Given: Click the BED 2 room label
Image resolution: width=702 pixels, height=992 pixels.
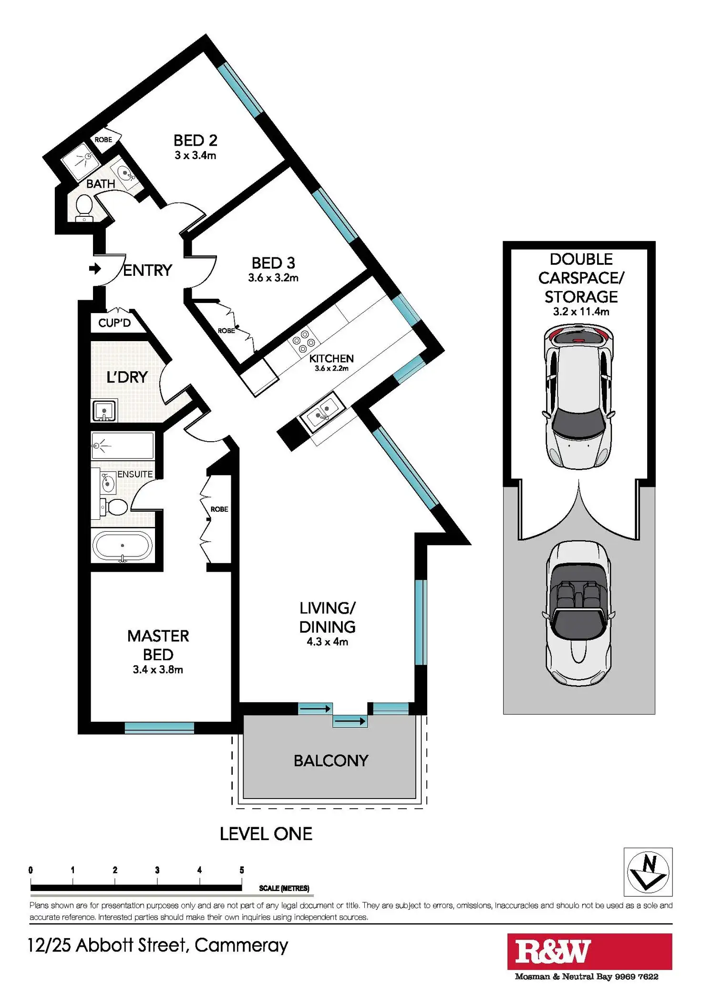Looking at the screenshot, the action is click(x=195, y=141).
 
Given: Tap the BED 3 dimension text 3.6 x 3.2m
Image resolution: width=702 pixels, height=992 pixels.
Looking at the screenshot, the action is click(x=273, y=278).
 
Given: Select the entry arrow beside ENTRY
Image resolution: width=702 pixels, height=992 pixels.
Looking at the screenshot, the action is click(x=95, y=269).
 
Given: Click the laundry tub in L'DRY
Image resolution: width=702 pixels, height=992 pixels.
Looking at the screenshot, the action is click(x=104, y=410).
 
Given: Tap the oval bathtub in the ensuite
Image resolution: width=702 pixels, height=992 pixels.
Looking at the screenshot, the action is click(x=123, y=546).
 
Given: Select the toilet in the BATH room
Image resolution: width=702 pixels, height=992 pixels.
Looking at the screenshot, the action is click(x=84, y=208).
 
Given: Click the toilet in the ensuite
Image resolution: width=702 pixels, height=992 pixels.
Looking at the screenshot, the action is click(x=115, y=507).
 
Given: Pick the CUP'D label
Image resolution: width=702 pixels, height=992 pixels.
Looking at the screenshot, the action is click(x=114, y=323).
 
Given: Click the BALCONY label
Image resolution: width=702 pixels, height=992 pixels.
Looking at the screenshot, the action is click(x=331, y=760).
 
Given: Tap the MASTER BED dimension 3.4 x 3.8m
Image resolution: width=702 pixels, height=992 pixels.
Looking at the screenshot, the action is click(x=158, y=669).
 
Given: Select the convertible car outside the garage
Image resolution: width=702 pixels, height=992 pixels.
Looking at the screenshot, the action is click(x=578, y=613).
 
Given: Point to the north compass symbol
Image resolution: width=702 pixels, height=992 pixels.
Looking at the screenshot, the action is click(x=648, y=871).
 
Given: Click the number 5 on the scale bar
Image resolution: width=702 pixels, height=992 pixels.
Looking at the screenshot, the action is click(x=242, y=870).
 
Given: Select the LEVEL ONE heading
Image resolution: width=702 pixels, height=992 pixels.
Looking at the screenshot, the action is click(x=266, y=834).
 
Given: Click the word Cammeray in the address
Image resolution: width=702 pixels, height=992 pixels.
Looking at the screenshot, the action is click(x=241, y=945).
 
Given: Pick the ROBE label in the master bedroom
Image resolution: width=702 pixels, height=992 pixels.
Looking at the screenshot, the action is click(x=219, y=509).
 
